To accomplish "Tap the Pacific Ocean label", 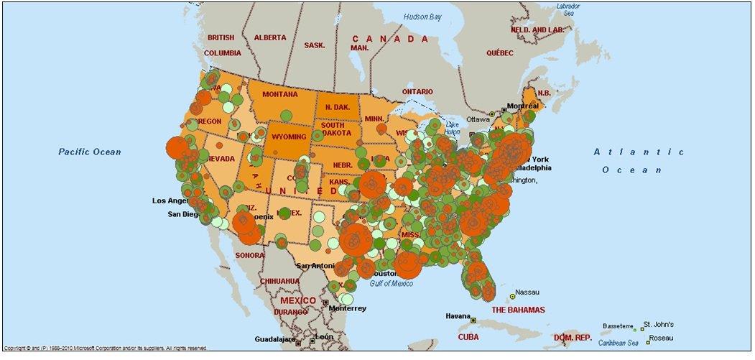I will point(90,152).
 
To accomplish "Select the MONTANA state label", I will point(279,94).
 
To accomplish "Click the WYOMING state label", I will point(289,137).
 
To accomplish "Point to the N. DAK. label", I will point(337,107).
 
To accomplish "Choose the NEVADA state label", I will point(221,158).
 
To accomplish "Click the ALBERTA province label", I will point(269,37).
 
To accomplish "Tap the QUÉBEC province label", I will point(500,53).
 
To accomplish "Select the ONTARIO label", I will point(417,92).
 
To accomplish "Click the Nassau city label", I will point(528,292).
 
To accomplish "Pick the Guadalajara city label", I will point(276,339).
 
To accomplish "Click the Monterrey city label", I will point(347,308).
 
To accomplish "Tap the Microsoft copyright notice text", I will point(106,348).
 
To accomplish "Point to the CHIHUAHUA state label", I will point(279,281).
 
